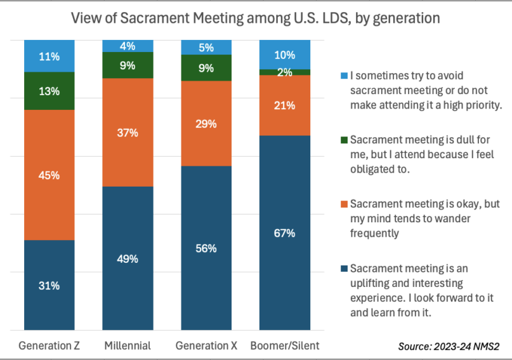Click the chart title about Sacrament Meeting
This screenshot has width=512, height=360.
pos(256,18)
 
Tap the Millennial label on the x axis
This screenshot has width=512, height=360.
pos(128,346)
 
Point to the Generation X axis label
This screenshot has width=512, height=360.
pos(206,346)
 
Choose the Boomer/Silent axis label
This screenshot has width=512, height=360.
pos(285,346)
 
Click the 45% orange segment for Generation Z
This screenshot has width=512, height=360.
pos(49,175)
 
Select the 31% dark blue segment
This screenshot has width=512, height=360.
pos(49,286)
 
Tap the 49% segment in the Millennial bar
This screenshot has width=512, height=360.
pos(128,258)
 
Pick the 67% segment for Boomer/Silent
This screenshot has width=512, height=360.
pos(285,233)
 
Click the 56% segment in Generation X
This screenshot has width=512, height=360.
pos(206,248)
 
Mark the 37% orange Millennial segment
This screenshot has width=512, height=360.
pos(128,132)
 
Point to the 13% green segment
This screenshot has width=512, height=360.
pos(49,91)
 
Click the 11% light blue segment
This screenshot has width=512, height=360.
pos(49,56)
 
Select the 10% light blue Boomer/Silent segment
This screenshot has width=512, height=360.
pos(285,54)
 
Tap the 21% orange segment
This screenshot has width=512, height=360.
pos(285,105)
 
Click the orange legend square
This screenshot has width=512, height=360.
pos(343,204)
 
